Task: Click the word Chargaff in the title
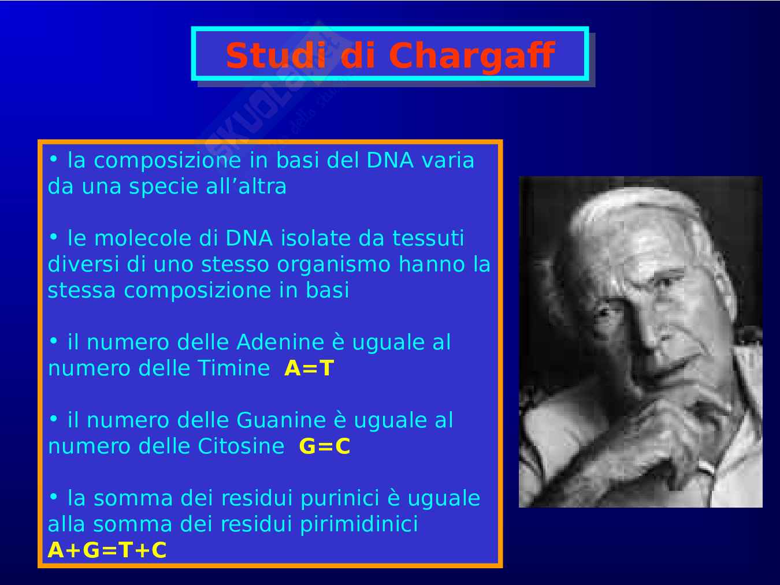[471, 56]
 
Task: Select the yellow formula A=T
[309, 368]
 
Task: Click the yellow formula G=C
[325, 446]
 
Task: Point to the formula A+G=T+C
[107, 550]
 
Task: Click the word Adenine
[280, 342]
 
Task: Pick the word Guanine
[281, 420]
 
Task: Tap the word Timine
[233, 368]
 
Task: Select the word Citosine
[241, 446]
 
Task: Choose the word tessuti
[428, 238]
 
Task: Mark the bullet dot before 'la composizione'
[53, 159]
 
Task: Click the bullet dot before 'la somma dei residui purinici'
[53, 497]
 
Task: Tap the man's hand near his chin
[675, 426]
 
